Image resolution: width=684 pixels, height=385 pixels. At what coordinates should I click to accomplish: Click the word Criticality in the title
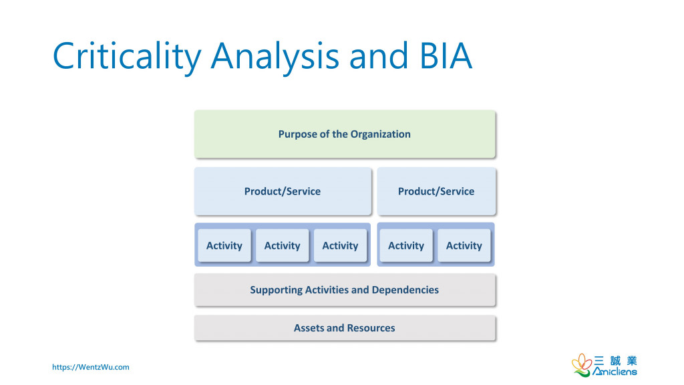127,56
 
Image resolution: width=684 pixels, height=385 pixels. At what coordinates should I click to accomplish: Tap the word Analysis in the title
275,56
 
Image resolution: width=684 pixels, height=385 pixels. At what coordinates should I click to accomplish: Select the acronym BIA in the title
446,55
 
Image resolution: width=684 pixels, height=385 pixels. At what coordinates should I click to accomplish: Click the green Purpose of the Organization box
345,134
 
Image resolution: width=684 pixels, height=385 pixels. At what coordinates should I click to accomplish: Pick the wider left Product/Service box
283,191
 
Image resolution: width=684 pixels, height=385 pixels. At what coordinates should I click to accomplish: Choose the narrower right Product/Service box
436,191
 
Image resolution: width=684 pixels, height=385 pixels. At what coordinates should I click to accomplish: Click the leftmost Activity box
224,245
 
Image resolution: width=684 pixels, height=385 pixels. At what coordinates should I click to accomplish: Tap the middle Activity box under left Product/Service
283,245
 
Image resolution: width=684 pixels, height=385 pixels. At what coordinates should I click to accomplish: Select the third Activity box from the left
340,245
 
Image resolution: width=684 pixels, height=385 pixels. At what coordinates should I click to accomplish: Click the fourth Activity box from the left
406,245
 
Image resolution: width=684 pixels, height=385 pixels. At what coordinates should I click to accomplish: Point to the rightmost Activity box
464,245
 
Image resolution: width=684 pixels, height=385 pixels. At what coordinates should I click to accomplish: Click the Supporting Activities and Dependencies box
345,290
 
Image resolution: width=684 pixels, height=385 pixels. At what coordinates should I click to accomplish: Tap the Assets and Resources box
345,328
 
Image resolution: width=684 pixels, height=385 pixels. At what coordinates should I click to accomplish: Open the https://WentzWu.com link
91,367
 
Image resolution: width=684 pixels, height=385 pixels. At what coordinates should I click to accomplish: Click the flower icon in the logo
582,365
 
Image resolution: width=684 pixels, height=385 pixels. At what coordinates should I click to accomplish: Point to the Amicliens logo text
615,372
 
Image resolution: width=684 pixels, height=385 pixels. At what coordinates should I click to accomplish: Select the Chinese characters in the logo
615,360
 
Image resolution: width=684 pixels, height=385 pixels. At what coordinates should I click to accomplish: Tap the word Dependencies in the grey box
405,290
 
